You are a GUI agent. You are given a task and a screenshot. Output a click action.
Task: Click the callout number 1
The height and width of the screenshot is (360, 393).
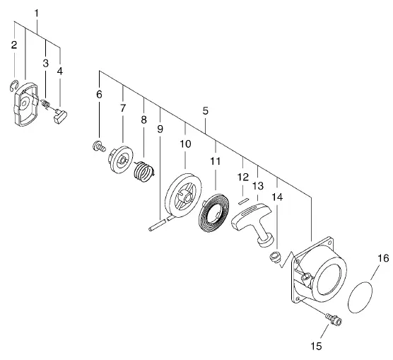point(37,13)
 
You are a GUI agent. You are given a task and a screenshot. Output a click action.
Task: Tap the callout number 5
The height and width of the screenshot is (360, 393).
point(206,110)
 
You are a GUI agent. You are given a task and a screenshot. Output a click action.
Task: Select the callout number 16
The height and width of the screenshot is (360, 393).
point(383,258)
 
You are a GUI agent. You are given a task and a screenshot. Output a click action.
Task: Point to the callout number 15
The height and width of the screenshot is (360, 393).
point(316,346)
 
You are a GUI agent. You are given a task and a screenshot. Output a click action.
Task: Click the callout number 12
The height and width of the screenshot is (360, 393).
point(242,177)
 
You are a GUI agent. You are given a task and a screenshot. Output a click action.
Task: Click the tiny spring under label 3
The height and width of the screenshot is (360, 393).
point(46,103)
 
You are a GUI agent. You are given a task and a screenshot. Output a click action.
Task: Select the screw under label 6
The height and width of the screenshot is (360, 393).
point(99,146)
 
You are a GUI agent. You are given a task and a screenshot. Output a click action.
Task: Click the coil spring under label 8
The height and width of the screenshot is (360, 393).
point(143,171)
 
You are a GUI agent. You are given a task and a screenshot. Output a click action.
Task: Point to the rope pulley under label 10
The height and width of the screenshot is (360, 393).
point(184,196)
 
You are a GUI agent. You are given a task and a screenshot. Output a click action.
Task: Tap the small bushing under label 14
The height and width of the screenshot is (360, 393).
point(276,257)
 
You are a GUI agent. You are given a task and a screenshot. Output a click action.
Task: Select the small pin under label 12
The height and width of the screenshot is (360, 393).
point(243,201)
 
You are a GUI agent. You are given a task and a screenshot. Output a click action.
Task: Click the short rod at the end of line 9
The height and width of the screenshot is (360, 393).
point(157,225)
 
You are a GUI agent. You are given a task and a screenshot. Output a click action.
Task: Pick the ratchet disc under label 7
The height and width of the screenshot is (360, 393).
point(120,159)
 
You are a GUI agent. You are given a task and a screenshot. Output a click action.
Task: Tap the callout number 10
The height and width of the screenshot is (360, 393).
point(185,144)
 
